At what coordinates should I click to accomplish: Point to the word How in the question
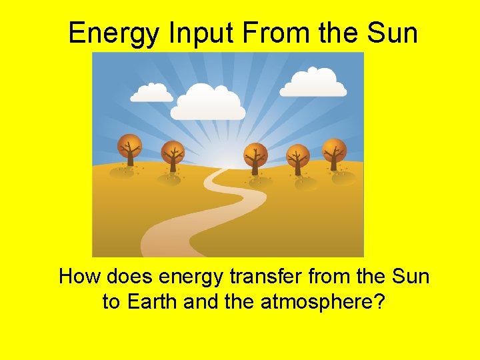[x=80, y=276]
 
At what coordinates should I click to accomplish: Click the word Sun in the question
[x=409, y=276]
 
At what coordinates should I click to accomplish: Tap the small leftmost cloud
[x=152, y=93]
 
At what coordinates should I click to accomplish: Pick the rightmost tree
[x=334, y=153]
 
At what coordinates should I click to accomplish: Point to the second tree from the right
[x=297, y=158]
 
